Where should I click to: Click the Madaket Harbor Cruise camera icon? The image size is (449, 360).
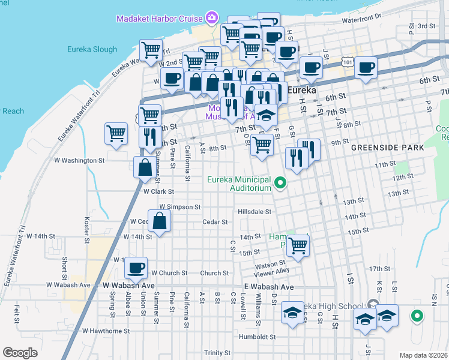[x=211, y=18]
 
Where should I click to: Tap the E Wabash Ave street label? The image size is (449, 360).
[x=269, y=287]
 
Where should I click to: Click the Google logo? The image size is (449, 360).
[x=20, y=353]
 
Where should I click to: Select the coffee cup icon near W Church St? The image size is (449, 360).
[x=136, y=268]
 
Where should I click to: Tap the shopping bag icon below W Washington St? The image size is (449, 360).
[x=145, y=167]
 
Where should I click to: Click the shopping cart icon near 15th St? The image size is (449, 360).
[x=297, y=245]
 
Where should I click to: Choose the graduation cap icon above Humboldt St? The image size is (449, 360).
[x=292, y=313]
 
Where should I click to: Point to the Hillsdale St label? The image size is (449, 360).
[x=255, y=212]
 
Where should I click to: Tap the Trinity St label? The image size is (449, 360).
[x=217, y=353]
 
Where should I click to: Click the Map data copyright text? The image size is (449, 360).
[x=423, y=355]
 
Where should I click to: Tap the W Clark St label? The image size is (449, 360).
[x=158, y=192]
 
